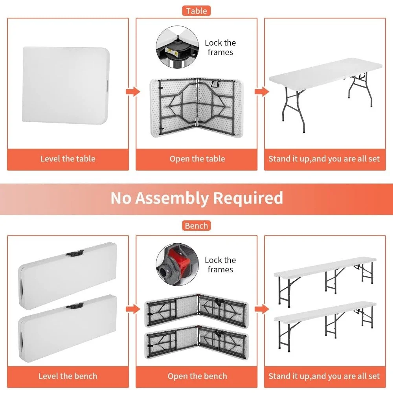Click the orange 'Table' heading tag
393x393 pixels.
tap(196, 11)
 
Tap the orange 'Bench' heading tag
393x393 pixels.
tap(196, 226)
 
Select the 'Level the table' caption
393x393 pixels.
tap(68, 159)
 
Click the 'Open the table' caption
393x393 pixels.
tap(197, 159)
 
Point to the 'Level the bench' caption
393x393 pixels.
tap(68, 376)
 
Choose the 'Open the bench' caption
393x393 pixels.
tap(197, 376)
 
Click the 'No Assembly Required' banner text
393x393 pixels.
tap(197, 198)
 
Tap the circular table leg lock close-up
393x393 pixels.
tap(177, 47)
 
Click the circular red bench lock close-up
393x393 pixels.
tap(177, 264)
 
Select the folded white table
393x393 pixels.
tap(66, 85)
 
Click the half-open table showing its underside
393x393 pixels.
tap(197, 108)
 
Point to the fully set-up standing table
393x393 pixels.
tap(325, 93)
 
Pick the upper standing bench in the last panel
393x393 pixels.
tap(325, 281)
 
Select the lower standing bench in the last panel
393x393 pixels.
tap(325, 326)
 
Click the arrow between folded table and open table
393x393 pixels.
tap(133, 92)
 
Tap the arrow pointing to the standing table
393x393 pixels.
tap(262, 92)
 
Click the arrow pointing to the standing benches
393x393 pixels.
tap(262, 309)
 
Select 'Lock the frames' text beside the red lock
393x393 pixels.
tap(220, 264)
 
